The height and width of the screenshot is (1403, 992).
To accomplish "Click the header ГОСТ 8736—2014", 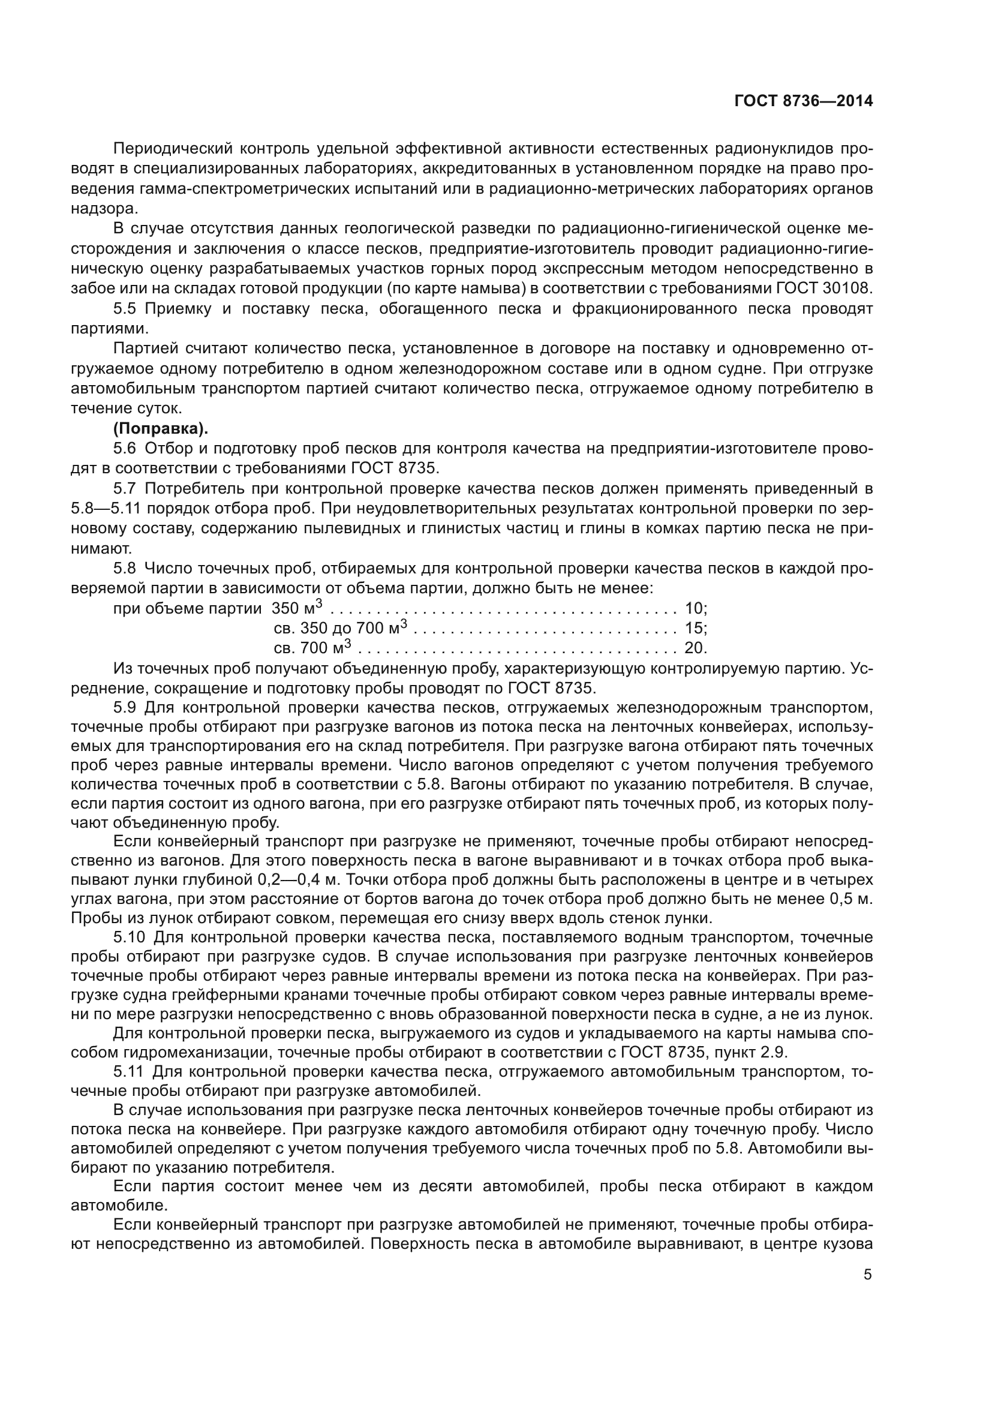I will (x=803, y=101).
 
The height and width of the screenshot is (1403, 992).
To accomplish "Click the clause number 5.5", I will (x=125, y=308).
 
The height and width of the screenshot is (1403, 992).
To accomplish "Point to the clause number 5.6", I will (x=125, y=449).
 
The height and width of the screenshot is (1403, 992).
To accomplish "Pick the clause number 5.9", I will (x=125, y=708).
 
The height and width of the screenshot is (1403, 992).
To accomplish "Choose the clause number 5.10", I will (x=128, y=938).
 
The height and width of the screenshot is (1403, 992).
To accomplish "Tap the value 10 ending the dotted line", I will (x=695, y=609).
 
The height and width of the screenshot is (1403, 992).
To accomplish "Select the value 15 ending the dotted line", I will (x=695, y=628).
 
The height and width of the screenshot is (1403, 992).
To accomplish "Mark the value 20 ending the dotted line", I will (x=695, y=648).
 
